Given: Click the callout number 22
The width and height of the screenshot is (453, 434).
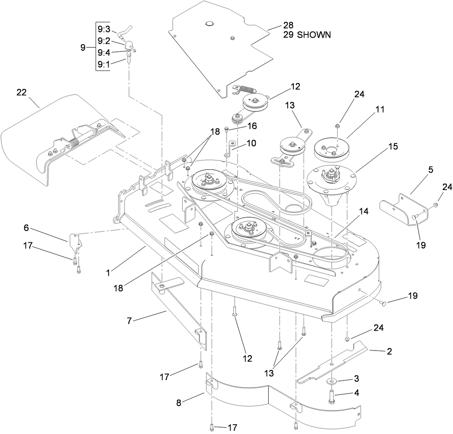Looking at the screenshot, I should pos(21,92).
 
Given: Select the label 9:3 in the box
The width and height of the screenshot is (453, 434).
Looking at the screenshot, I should pos(103,29).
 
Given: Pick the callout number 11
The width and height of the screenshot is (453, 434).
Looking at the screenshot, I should pos(380,109).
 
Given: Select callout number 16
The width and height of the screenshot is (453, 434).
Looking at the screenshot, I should pos(252,126).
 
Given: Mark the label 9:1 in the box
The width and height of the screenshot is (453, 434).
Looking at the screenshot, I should pos(103,64).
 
